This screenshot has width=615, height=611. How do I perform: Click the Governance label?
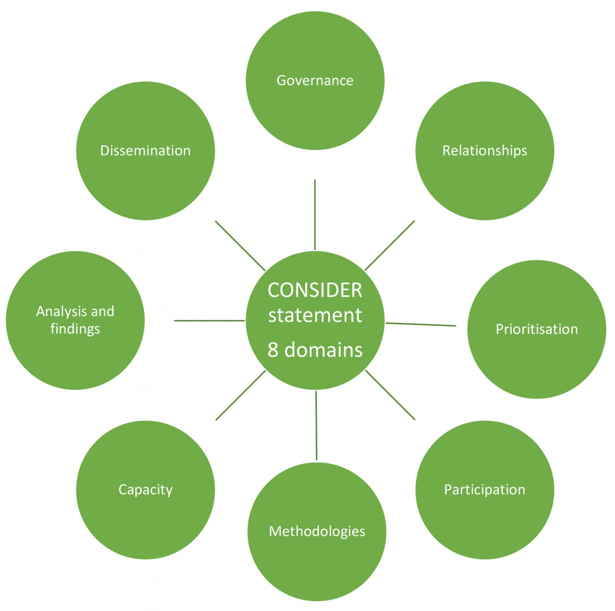[315, 80]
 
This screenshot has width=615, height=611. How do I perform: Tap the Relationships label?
[484, 151]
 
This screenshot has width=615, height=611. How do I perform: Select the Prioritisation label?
[537, 329]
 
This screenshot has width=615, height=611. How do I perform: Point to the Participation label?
[484, 490]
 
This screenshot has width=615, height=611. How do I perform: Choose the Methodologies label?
[317, 531]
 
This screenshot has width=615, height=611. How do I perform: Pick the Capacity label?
[145, 490]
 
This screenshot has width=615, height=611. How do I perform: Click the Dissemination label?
[145, 151]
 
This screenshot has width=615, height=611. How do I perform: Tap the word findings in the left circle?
[75, 329]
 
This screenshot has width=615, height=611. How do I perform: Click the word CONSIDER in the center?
[315, 290]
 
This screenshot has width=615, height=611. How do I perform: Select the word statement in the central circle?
[315, 315]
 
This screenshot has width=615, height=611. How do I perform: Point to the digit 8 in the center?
[273, 350]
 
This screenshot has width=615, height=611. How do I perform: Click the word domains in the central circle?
[323, 350]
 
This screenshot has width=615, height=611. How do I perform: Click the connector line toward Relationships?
[390, 245]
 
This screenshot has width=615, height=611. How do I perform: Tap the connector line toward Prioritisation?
[421, 324]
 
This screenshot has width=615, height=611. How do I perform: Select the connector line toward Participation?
[390, 395]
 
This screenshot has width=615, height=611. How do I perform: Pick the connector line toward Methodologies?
[316, 425]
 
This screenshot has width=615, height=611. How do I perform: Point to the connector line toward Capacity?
[241, 395]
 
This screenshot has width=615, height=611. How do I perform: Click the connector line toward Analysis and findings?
[209, 320]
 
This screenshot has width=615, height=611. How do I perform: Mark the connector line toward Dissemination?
[240, 246]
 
